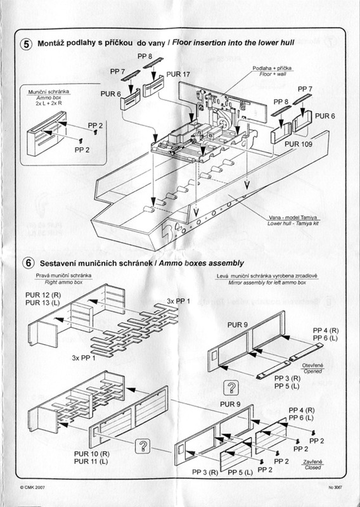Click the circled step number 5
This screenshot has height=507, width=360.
(x=27, y=45)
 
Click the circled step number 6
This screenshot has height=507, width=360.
(x=27, y=262)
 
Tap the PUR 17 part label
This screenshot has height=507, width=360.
(x=178, y=74)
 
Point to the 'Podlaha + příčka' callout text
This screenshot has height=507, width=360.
(x=271, y=67)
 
